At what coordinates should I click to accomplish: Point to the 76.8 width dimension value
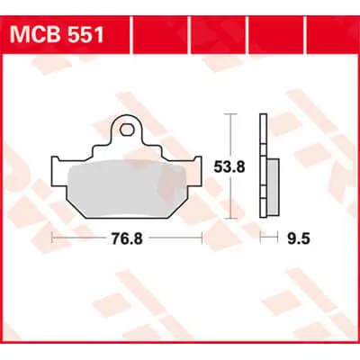pyautogui.click(x=126, y=238)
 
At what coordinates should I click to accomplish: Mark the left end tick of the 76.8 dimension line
pyautogui.click(x=53, y=238)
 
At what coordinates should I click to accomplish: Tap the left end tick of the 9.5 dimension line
pyautogui.click(x=260, y=238)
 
